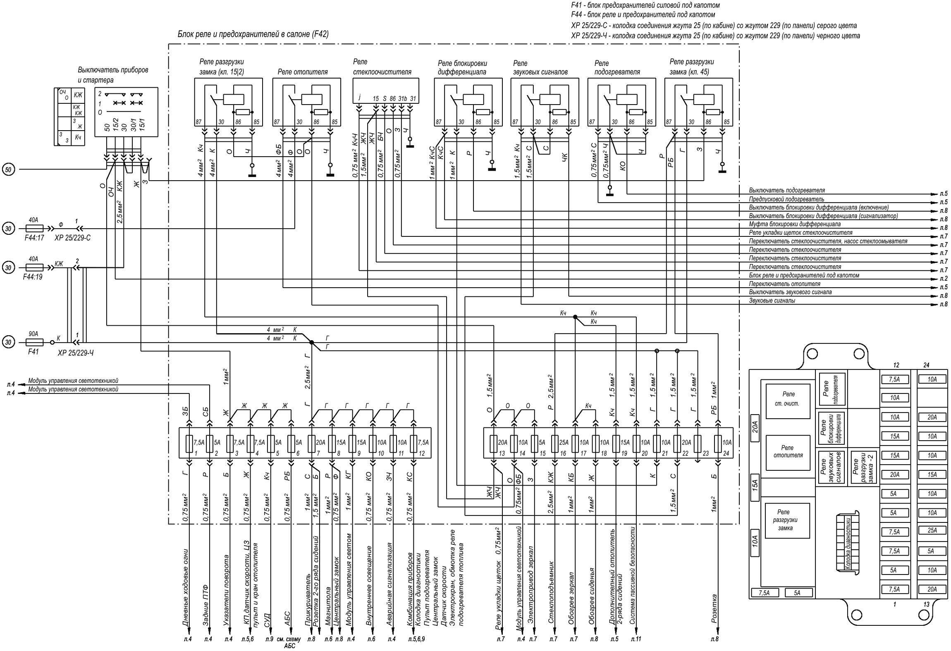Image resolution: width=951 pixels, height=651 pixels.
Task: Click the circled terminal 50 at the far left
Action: (9, 169)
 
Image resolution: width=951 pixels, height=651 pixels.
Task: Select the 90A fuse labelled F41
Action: (34, 342)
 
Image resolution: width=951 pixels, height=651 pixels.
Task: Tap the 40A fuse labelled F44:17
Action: (34, 228)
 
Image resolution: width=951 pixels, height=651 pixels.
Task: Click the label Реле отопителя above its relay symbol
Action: (303, 72)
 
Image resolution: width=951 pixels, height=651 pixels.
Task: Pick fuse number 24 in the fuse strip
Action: (717, 443)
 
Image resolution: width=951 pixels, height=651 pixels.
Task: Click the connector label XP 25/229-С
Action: (72, 238)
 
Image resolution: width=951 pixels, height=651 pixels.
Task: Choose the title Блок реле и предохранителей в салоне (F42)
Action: (253, 34)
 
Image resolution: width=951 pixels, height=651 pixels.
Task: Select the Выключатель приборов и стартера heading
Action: (112, 75)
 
